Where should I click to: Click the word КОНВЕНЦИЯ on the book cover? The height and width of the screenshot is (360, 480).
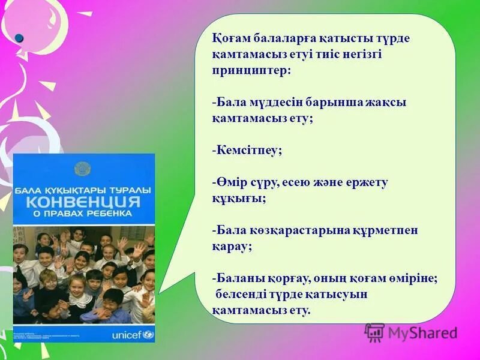tap(84, 200)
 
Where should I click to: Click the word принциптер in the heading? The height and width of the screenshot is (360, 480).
tap(250, 70)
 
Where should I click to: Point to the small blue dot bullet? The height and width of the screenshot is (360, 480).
tap(19, 38)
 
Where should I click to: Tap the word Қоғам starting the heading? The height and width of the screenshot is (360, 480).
tap(230, 38)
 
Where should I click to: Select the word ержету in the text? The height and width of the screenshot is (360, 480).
tap(367, 183)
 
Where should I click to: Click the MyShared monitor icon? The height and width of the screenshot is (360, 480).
tap(374, 332)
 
